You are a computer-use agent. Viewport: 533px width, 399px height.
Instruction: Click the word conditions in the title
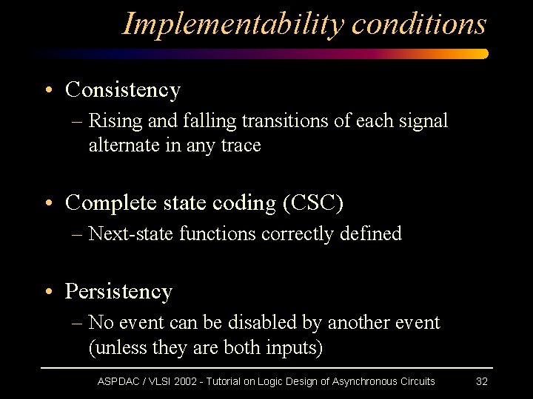pyautogui.click(x=419, y=24)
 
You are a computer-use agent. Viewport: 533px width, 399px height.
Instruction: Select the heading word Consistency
pyautogui.click(x=123, y=90)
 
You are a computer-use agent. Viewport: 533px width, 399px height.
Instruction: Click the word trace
pyautogui.click(x=241, y=146)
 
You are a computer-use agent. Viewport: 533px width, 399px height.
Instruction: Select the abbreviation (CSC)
pyautogui.click(x=313, y=202)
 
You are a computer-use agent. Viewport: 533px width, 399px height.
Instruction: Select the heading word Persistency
pyautogui.click(x=118, y=292)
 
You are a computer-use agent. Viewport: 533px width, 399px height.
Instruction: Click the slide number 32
pyautogui.click(x=481, y=381)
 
